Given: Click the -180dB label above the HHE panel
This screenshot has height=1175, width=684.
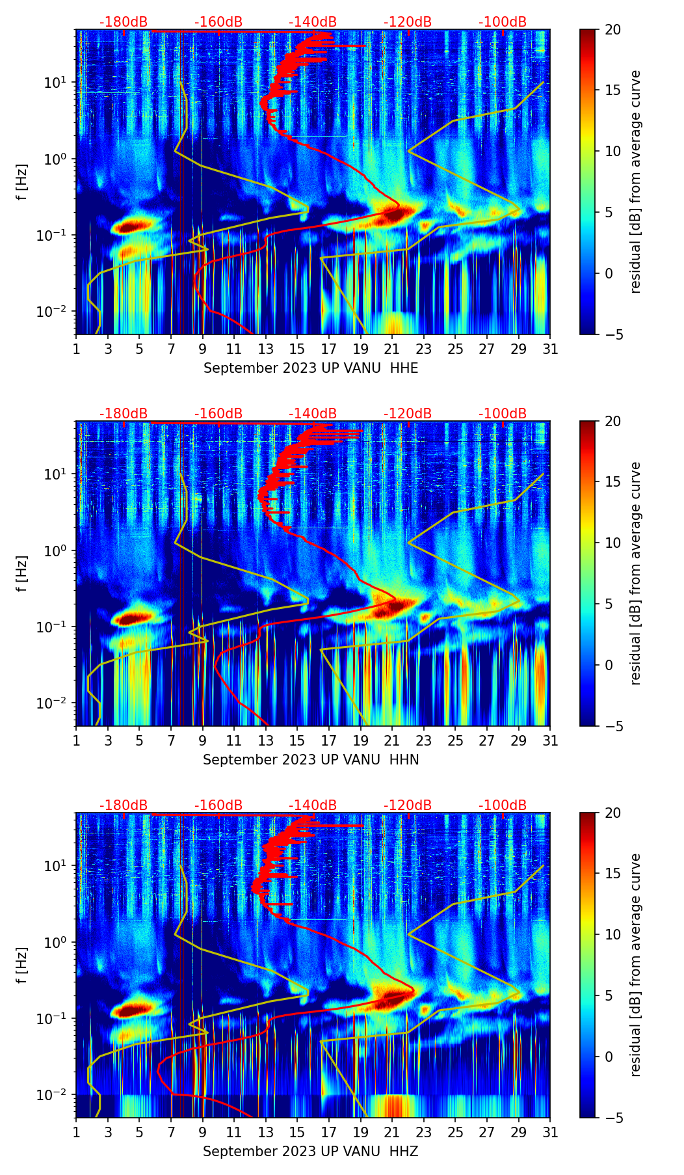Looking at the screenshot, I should click(124, 22).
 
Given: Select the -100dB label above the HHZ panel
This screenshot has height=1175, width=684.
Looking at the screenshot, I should click(503, 805).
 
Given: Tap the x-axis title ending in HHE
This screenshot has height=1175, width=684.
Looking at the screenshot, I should click(310, 368).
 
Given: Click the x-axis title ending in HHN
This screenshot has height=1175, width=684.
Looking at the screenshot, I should click(310, 760).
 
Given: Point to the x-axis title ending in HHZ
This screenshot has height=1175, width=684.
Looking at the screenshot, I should click(310, 1152).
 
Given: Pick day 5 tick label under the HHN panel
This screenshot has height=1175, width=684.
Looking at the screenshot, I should click(139, 741).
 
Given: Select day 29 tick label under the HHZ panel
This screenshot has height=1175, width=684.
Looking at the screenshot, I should click(518, 1133).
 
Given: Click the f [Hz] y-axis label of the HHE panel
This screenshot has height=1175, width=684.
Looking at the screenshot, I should click(22, 182).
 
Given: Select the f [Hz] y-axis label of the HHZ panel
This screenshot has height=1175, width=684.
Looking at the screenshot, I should click(22, 965).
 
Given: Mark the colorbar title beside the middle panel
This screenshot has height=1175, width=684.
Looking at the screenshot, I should click(635, 573).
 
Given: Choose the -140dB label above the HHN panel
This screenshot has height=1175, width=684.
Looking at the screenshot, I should click(313, 414).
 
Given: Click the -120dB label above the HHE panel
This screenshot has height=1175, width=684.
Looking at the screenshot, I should click(408, 22).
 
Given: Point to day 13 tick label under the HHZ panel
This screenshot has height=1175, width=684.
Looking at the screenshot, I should click(265, 1133).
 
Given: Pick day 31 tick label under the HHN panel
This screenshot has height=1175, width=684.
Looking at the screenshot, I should click(550, 741).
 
